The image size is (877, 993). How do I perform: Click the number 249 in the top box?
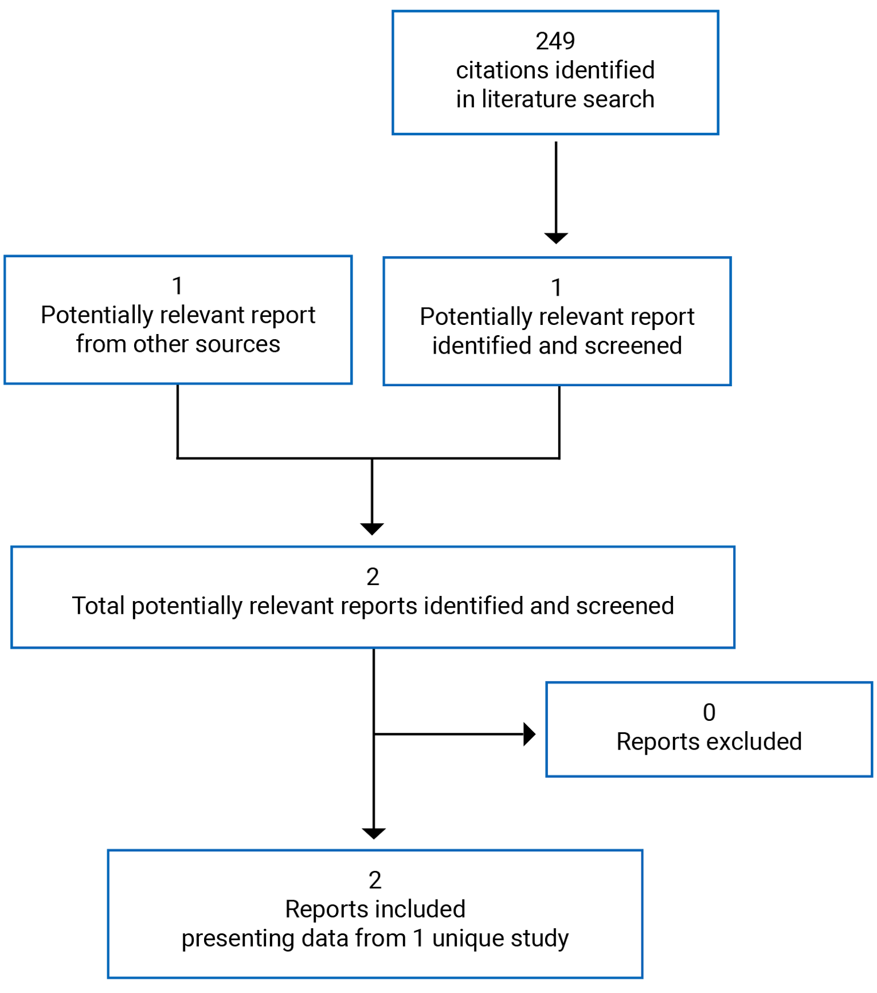555,41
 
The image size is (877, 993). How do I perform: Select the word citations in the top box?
493,70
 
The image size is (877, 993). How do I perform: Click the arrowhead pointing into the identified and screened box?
556,238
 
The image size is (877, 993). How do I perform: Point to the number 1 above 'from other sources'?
178,286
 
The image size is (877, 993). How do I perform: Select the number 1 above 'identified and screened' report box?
557,288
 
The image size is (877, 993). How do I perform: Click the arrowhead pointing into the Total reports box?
372,528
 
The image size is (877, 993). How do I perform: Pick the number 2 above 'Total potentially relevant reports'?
373,577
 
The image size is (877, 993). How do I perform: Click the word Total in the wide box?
98,606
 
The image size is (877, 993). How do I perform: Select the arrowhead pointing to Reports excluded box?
529,734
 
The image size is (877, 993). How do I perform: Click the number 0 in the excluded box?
709,713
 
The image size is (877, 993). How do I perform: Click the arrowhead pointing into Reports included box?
374,833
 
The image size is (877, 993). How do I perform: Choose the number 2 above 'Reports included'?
375,881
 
